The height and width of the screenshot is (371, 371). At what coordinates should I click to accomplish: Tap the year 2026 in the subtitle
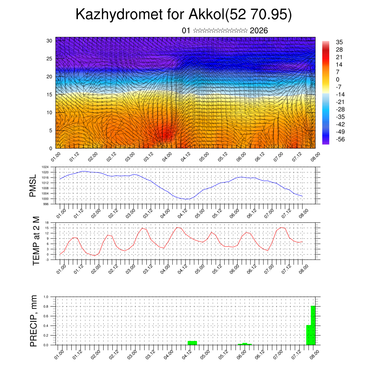click(259, 31)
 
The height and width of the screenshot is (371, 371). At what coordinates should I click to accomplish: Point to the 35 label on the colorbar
click(339, 42)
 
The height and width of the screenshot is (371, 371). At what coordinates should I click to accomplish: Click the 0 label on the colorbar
click(338, 79)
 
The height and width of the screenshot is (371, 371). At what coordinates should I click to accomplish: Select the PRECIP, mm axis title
click(34, 321)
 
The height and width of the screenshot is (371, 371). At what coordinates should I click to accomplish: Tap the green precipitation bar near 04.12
click(192, 343)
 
